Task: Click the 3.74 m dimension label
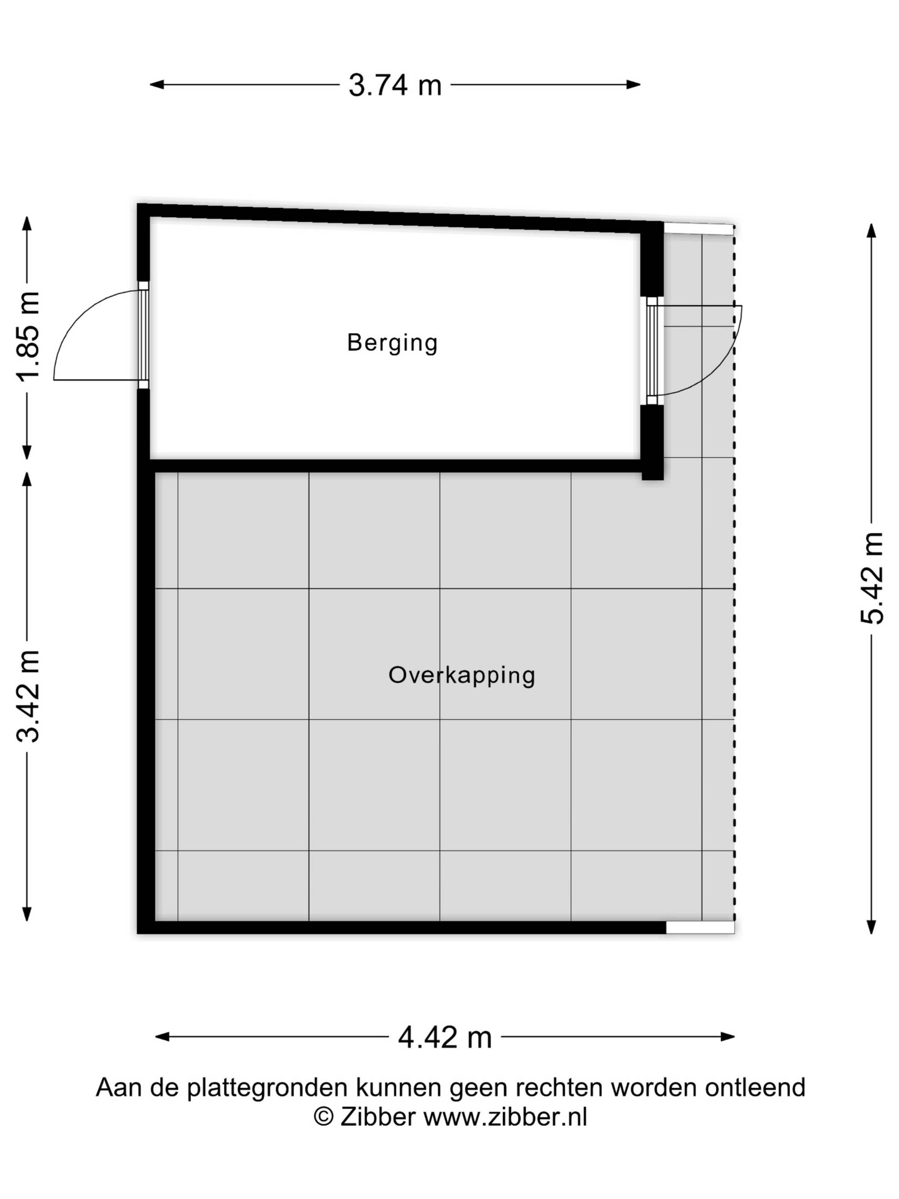click(395, 85)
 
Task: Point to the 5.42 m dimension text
click(872, 578)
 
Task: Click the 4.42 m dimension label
click(445, 1038)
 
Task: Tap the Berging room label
click(392, 343)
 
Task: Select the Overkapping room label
click(462, 675)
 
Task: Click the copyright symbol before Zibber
click(324, 1117)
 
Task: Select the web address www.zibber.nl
click(505, 1117)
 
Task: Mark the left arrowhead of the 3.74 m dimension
click(156, 85)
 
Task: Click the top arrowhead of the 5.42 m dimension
click(872, 231)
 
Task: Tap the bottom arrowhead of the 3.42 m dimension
click(27, 914)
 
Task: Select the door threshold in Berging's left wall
click(143, 335)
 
